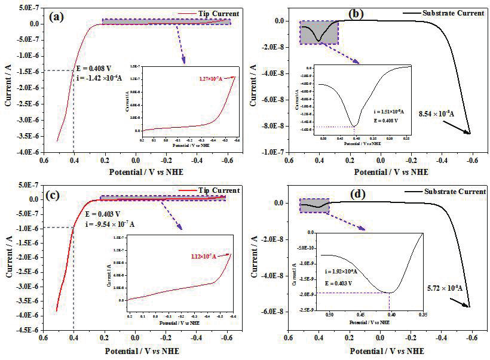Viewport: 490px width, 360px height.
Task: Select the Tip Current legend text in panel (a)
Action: point(221,14)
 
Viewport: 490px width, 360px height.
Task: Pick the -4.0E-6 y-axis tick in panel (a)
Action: point(23,153)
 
